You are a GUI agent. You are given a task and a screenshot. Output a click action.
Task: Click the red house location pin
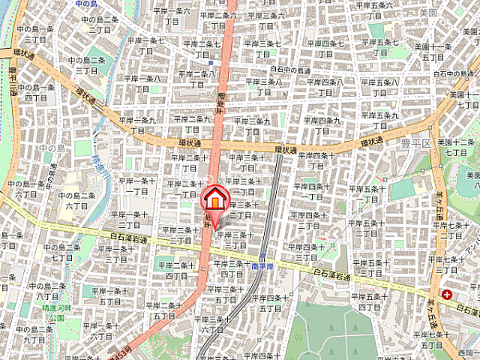(214, 200)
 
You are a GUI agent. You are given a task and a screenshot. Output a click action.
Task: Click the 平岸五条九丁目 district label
(387, 121)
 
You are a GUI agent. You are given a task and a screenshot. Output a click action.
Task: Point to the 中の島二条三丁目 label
(99, 24)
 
